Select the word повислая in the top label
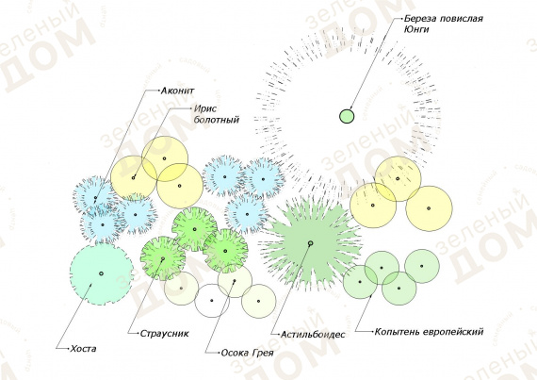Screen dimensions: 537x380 coord(462,18)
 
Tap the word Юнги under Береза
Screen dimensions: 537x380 coord(416,29)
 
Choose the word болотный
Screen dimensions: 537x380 coord(216,120)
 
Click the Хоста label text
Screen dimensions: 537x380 coord(83,349)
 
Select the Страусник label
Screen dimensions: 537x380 coord(164,334)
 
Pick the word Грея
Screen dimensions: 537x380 coord(263,353)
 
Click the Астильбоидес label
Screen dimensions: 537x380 coord(313,334)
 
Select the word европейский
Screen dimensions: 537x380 coord(453,332)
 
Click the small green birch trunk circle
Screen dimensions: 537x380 coord(347,116)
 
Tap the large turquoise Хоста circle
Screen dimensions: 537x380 coord(101,273)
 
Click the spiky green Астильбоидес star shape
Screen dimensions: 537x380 coord(310,243)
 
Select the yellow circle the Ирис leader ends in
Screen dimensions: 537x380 coord(134,178)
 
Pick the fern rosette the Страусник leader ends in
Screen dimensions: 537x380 coord(163,258)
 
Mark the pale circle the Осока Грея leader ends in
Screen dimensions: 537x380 coord(235,281)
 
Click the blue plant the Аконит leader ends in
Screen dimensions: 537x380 coord(95,198)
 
